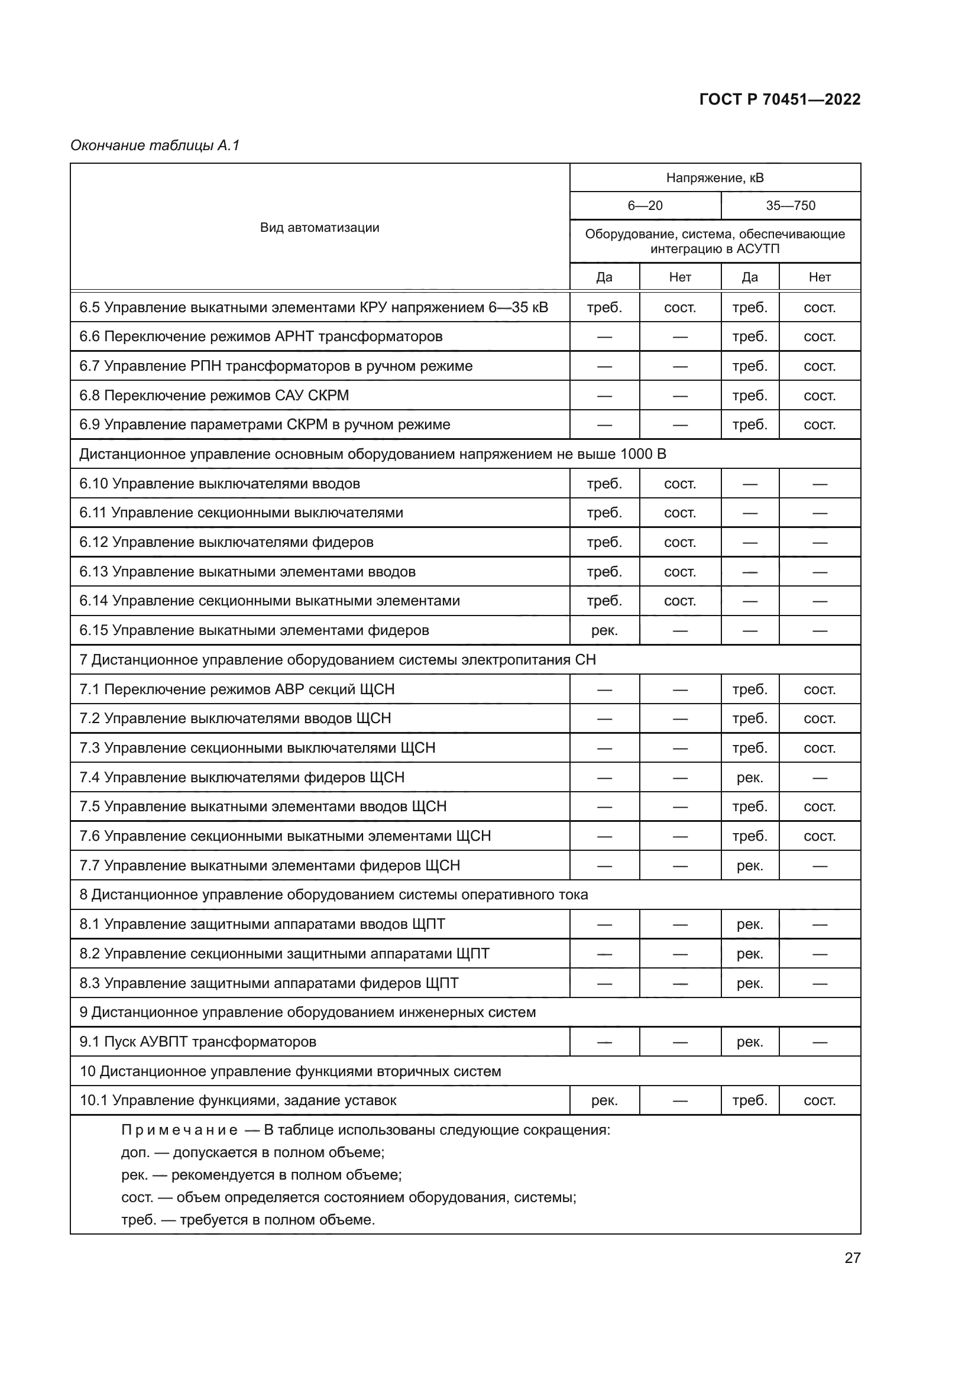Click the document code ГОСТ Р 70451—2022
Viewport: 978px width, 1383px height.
[x=779, y=99]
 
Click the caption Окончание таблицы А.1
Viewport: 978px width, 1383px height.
[x=155, y=145]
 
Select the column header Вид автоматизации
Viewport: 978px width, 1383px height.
[x=319, y=227]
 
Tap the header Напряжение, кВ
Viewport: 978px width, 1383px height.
[x=714, y=178]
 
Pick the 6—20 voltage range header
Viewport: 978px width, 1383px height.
[x=645, y=205]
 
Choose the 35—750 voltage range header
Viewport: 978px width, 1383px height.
[x=790, y=205]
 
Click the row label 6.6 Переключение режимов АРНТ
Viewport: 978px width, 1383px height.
[x=261, y=336]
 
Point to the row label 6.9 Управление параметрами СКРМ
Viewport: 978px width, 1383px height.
[x=264, y=424]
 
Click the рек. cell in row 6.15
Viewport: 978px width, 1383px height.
[x=604, y=630]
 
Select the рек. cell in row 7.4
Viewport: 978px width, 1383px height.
[x=749, y=777]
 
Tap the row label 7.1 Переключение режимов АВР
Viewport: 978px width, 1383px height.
[x=237, y=689]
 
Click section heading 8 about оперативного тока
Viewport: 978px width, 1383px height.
[x=333, y=895]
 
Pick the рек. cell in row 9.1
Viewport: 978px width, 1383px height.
[x=749, y=1041]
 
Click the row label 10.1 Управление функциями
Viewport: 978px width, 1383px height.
[x=238, y=1100]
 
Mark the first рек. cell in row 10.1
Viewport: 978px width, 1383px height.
[x=604, y=1100]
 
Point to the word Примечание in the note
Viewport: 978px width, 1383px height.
[x=179, y=1130]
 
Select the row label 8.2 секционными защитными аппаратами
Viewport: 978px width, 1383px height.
[x=284, y=954]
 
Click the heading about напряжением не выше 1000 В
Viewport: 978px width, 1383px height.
[x=372, y=454]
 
